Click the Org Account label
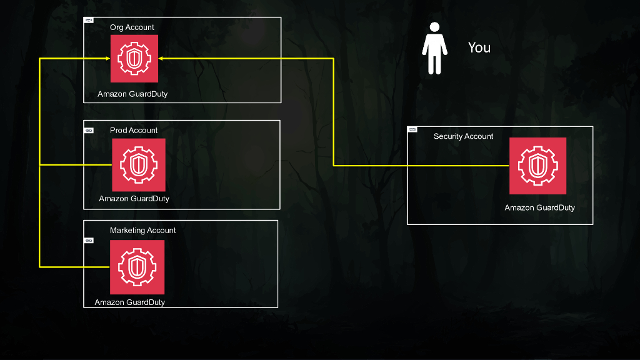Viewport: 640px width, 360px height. [132, 27]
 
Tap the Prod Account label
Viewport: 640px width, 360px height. [134, 130]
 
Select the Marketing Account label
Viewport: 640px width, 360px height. [143, 230]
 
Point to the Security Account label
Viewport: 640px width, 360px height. [463, 136]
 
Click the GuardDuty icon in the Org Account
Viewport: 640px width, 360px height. [134, 59]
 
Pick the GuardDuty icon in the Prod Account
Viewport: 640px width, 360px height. [139, 165]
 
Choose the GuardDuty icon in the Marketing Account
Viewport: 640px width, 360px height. [137, 267]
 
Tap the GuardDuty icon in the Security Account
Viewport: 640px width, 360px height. [537, 166]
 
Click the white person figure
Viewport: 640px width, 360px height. [435, 48]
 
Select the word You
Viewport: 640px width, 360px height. [479, 47]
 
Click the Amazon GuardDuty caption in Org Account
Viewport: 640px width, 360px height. [132, 94]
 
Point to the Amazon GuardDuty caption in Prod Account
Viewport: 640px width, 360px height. [134, 199]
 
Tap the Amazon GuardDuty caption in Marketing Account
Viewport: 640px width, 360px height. [130, 302]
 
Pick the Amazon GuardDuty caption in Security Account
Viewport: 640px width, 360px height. [539, 207]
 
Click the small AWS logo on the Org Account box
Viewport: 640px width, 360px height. [89, 21]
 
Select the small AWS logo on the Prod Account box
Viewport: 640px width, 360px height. [89, 131]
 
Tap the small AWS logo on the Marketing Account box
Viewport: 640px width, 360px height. [89, 241]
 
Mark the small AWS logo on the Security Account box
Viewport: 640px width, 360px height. [412, 129]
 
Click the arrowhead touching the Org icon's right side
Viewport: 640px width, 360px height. [161, 59]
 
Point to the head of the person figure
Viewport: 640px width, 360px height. [435, 27]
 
